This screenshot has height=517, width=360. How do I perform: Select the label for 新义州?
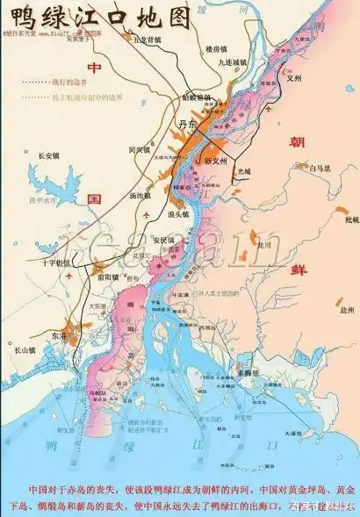click(x=216, y=162)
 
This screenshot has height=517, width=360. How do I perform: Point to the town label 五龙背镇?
click(x=147, y=39)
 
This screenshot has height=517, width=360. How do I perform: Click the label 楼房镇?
click(x=218, y=49)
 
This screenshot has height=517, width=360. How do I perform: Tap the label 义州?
click(x=306, y=77)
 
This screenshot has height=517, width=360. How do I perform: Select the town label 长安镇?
click(x=48, y=156)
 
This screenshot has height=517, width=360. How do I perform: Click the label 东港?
click(x=58, y=335)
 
